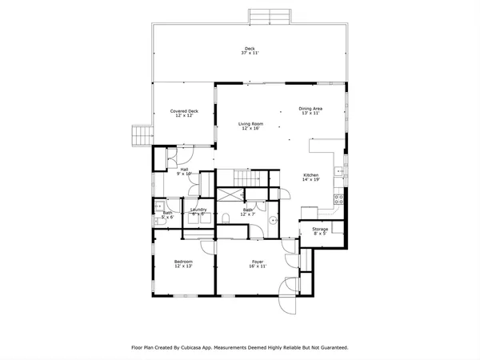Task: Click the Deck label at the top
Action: [x=250, y=47]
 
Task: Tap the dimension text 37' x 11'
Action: [x=250, y=52]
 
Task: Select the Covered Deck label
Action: [x=184, y=111]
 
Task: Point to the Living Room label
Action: [x=250, y=123]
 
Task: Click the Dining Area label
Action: [x=310, y=108]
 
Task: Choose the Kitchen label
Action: [x=311, y=175]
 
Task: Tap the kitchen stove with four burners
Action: [x=338, y=199]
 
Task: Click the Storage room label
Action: [x=319, y=230]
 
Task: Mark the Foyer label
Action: [x=258, y=262]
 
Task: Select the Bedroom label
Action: [x=183, y=262]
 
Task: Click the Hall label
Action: [x=184, y=169]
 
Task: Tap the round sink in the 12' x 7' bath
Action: [x=274, y=221]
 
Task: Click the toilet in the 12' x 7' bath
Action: [x=229, y=217]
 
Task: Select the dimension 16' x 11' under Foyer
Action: [x=258, y=266]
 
